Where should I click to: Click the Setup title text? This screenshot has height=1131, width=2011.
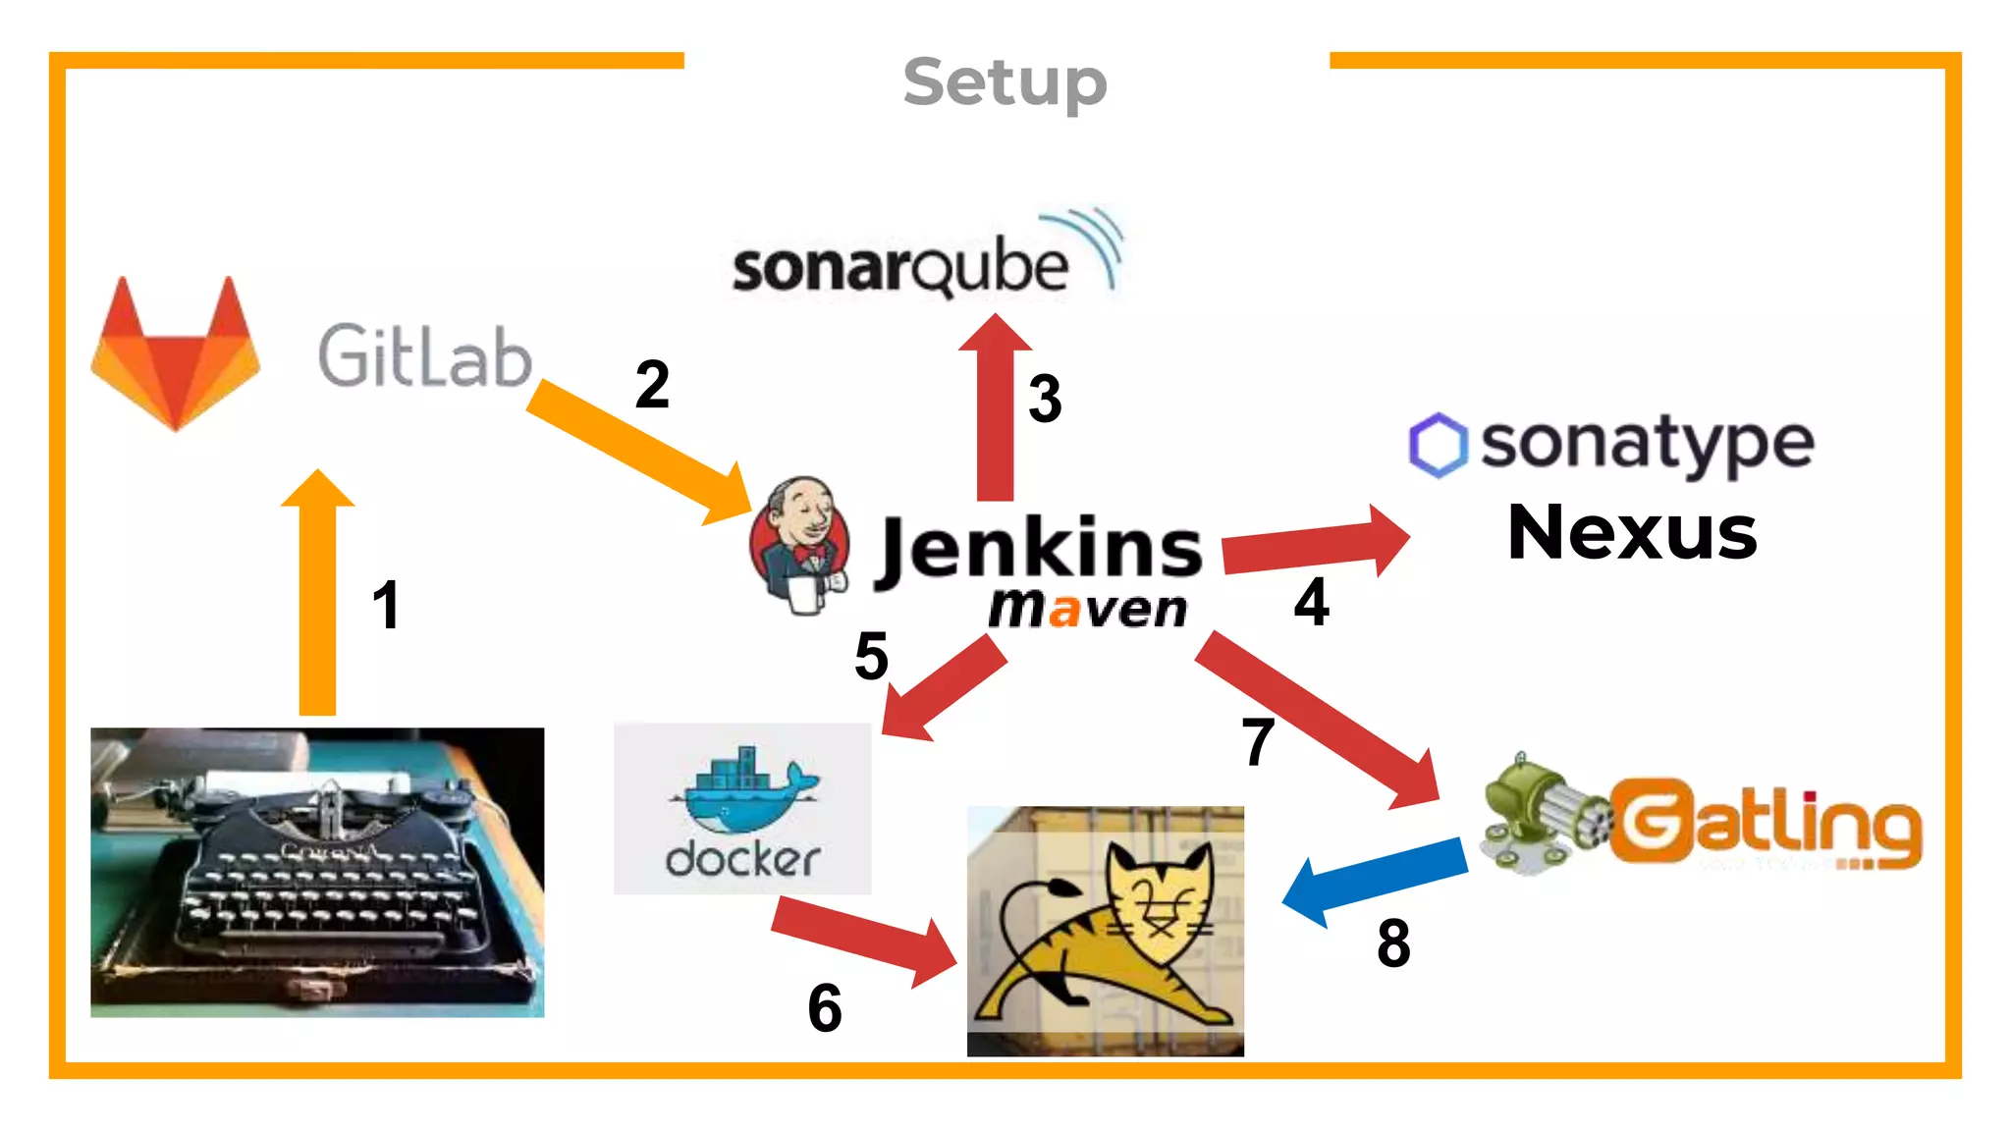(1005, 82)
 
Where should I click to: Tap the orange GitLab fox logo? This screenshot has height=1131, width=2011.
(176, 355)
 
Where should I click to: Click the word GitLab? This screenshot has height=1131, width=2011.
(424, 355)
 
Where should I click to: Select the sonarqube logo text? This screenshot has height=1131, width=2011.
(899, 266)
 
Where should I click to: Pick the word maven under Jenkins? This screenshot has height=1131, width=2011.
(1087, 609)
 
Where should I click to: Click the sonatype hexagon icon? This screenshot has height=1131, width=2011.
(1438, 445)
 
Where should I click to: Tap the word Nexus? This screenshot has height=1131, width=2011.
(1632, 532)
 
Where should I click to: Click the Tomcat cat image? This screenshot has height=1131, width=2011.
(1106, 931)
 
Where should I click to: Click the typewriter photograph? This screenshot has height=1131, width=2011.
(317, 872)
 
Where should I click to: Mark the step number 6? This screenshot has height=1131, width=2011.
(825, 1008)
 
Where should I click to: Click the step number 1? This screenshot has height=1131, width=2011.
(386, 605)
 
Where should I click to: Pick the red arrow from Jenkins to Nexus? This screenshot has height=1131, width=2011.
(1315, 543)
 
